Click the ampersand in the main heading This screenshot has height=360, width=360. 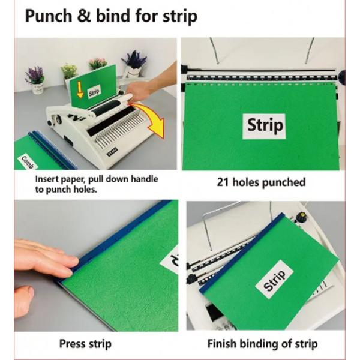pyautogui.click(x=84, y=16)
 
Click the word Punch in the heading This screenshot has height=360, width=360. pyautogui.click(x=49, y=16)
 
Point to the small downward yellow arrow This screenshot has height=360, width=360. pyautogui.click(x=80, y=89)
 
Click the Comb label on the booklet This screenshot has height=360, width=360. pyautogui.click(x=27, y=162)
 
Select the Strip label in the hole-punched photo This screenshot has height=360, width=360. pyautogui.click(x=264, y=126)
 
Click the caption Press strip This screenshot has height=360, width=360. pyautogui.click(x=85, y=344)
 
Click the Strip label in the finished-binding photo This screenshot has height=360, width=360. pyautogui.click(x=274, y=280)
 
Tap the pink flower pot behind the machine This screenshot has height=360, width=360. pyautogui.click(x=98, y=64)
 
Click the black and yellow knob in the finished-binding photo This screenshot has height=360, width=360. pyautogui.click(x=299, y=216)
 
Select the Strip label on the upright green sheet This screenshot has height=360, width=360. pyautogui.click(x=94, y=92)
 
